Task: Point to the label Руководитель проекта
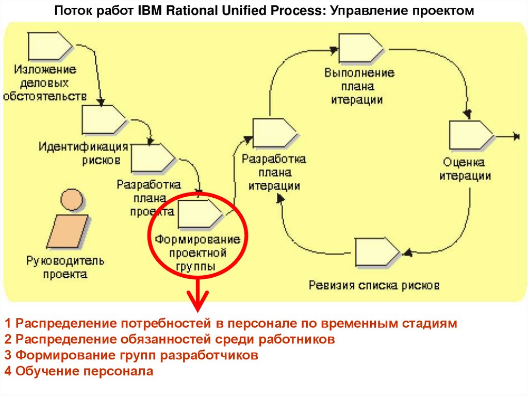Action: pyautogui.click(x=65, y=267)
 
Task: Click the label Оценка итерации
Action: pyautogui.click(x=465, y=168)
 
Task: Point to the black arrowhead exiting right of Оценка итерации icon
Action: pyautogui.click(x=516, y=136)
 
